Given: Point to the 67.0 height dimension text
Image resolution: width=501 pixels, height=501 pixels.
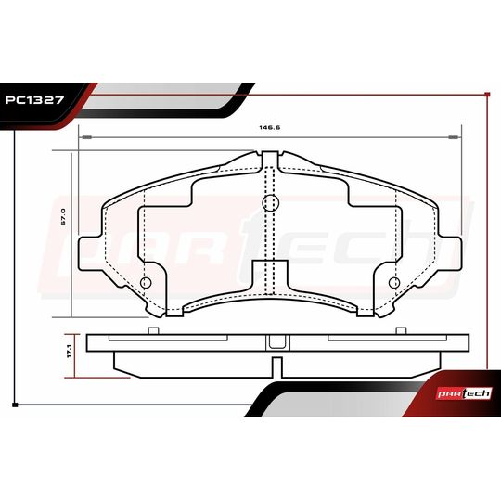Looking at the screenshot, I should [61, 218].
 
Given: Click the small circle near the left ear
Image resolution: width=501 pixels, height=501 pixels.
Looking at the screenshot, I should [146, 283].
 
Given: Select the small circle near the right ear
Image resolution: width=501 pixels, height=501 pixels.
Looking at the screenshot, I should [393, 283].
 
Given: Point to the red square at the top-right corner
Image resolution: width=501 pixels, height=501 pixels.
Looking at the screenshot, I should [487, 94].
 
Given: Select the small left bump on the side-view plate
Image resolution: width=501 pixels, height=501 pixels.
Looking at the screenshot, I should [153, 328].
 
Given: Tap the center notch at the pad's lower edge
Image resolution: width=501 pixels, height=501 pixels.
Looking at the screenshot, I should [270, 278].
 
